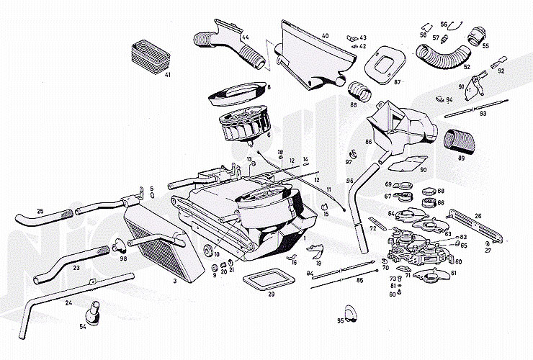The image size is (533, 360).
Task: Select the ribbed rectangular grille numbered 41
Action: click(148, 55)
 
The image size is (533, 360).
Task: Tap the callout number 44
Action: click(246, 37)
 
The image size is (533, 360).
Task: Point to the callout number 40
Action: click(325, 35)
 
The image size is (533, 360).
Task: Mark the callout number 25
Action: click(40, 210)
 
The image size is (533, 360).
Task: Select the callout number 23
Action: click(76, 266)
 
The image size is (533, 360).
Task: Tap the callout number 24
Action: click(69, 303)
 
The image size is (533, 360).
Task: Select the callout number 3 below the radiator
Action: click(174, 282)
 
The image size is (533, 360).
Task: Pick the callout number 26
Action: click(478, 214)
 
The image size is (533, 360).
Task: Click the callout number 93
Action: click(483, 114)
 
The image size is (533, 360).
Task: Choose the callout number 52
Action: click(467, 67)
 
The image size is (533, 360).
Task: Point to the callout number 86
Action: click(368, 143)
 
